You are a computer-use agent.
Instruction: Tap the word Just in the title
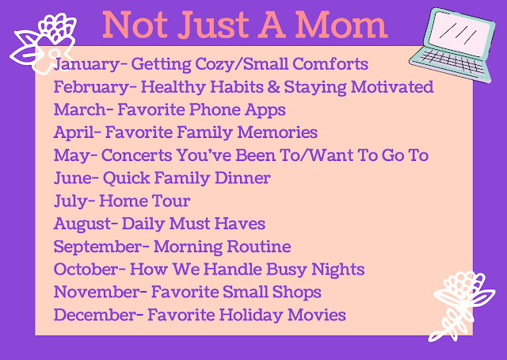point(213,25)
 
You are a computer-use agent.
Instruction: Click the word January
point(87,63)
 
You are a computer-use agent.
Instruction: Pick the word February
point(92,86)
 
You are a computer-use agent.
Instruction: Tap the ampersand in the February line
point(273,86)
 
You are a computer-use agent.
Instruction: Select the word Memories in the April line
point(277,132)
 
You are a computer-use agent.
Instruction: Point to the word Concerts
point(136,155)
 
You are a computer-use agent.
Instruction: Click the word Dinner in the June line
point(242,178)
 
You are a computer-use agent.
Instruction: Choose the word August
point(82,224)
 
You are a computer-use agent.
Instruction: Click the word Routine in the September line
point(259,247)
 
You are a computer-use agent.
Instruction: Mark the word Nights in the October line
point(338,270)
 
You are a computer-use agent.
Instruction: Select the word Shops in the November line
point(296,292)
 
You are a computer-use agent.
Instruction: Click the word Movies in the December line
point(317,315)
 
